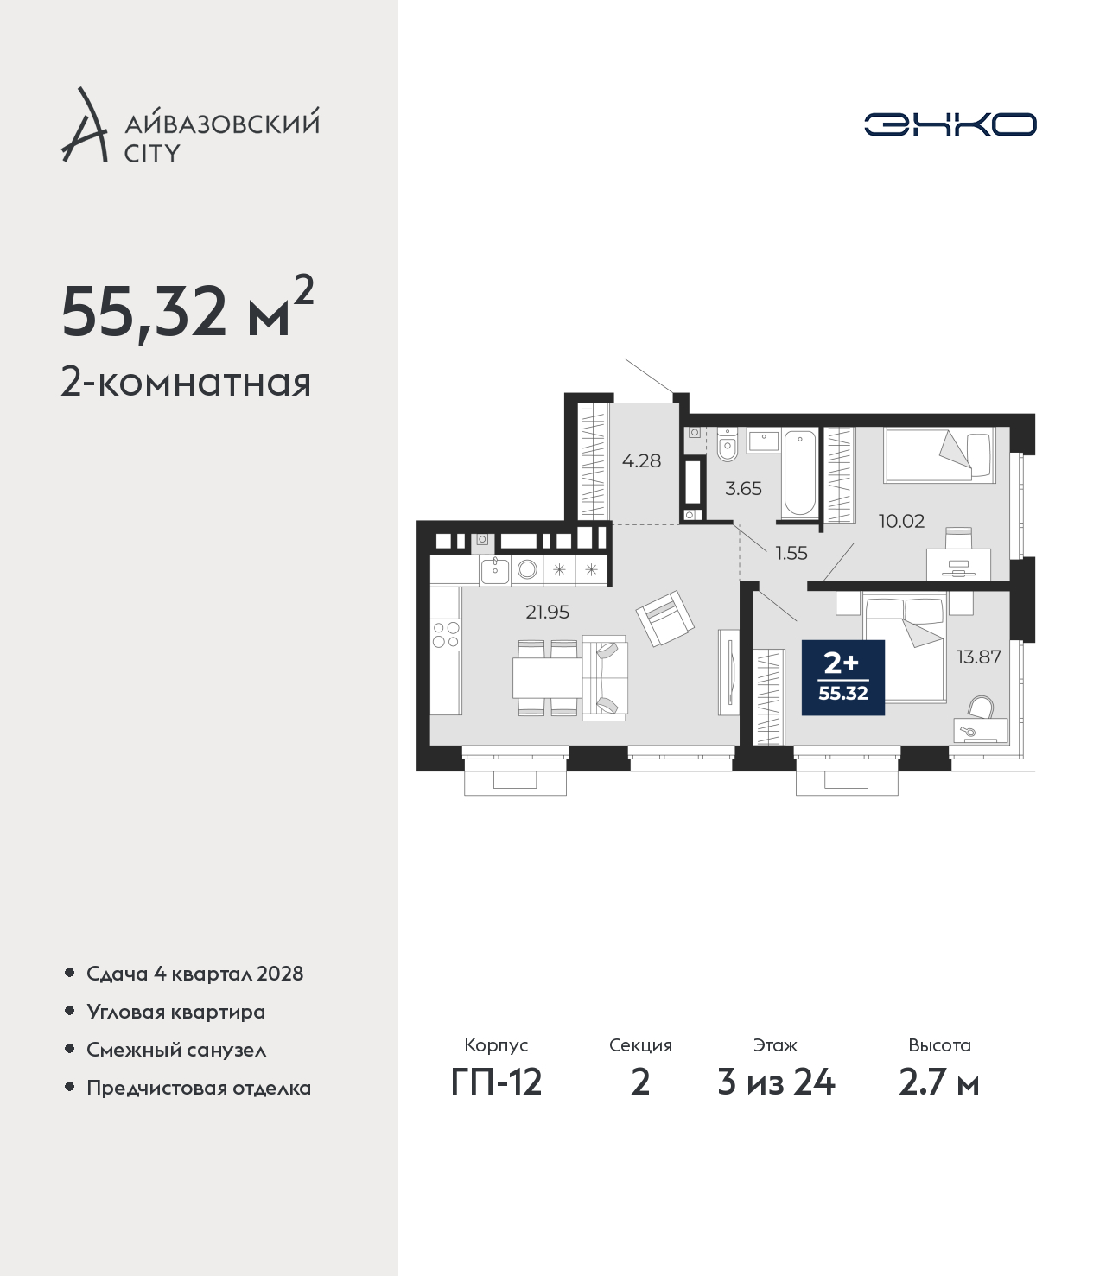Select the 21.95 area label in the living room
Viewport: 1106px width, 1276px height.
[x=547, y=612]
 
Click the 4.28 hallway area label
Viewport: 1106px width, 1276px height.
[x=641, y=460]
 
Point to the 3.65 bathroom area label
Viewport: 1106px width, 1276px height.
[x=743, y=488]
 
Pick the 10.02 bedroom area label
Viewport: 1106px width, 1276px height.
[x=901, y=521]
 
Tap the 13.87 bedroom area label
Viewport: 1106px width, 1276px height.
[x=979, y=657]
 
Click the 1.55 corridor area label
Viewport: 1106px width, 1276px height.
[x=791, y=553]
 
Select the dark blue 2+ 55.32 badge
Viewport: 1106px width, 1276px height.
[x=843, y=678]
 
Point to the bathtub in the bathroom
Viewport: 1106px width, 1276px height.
[x=800, y=473]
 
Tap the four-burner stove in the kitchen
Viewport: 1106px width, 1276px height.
[x=446, y=635]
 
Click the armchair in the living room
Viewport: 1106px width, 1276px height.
[x=664, y=619]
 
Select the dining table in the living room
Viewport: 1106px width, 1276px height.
[x=547, y=678]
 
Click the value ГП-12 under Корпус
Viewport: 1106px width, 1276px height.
[x=497, y=1082]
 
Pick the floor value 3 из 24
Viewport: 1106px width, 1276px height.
[x=776, y=1082]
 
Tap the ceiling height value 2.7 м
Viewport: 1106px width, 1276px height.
[x=938, y=1082]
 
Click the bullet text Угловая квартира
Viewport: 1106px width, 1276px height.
[x=176, y=1013]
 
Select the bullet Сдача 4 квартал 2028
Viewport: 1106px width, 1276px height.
[x=195, y=974]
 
